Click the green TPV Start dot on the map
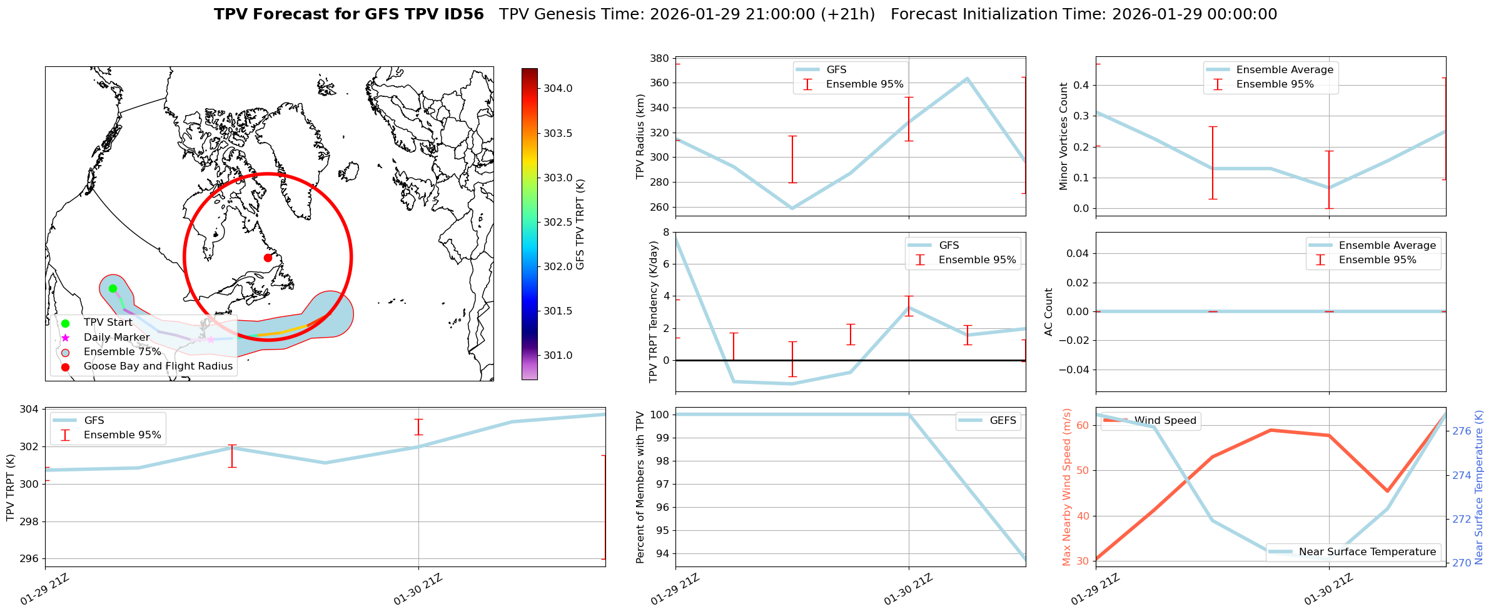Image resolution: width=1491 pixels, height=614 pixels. tap(113, 288)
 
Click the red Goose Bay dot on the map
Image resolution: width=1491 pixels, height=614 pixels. tap(268, 258)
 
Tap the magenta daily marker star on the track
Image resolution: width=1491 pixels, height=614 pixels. tap(211, 340)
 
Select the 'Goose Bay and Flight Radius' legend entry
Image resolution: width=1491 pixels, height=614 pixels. tap(158, 366)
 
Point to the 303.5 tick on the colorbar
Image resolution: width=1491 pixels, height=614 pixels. tap(557, 133)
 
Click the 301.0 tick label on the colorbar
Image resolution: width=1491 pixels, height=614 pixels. tap(557, 356)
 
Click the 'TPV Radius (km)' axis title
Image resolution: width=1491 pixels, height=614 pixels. tap(640, 136)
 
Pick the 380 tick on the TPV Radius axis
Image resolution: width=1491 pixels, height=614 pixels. tap(660, 59)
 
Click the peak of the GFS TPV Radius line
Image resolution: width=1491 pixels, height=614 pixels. tap(967, 79)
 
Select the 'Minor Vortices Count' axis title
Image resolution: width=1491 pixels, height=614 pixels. tap(1064, 136)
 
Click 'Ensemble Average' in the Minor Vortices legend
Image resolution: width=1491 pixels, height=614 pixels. tap(1285, 70)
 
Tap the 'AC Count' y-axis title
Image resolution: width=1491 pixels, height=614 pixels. tap(1049, 312)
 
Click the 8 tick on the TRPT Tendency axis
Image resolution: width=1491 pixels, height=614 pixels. tap(665, 232)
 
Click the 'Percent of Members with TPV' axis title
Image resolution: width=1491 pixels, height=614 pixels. tap(640, 487)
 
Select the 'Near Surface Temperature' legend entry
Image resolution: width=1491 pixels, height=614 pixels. tap(1367, 552)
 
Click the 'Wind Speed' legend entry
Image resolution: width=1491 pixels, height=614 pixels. tap(1165, 421)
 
